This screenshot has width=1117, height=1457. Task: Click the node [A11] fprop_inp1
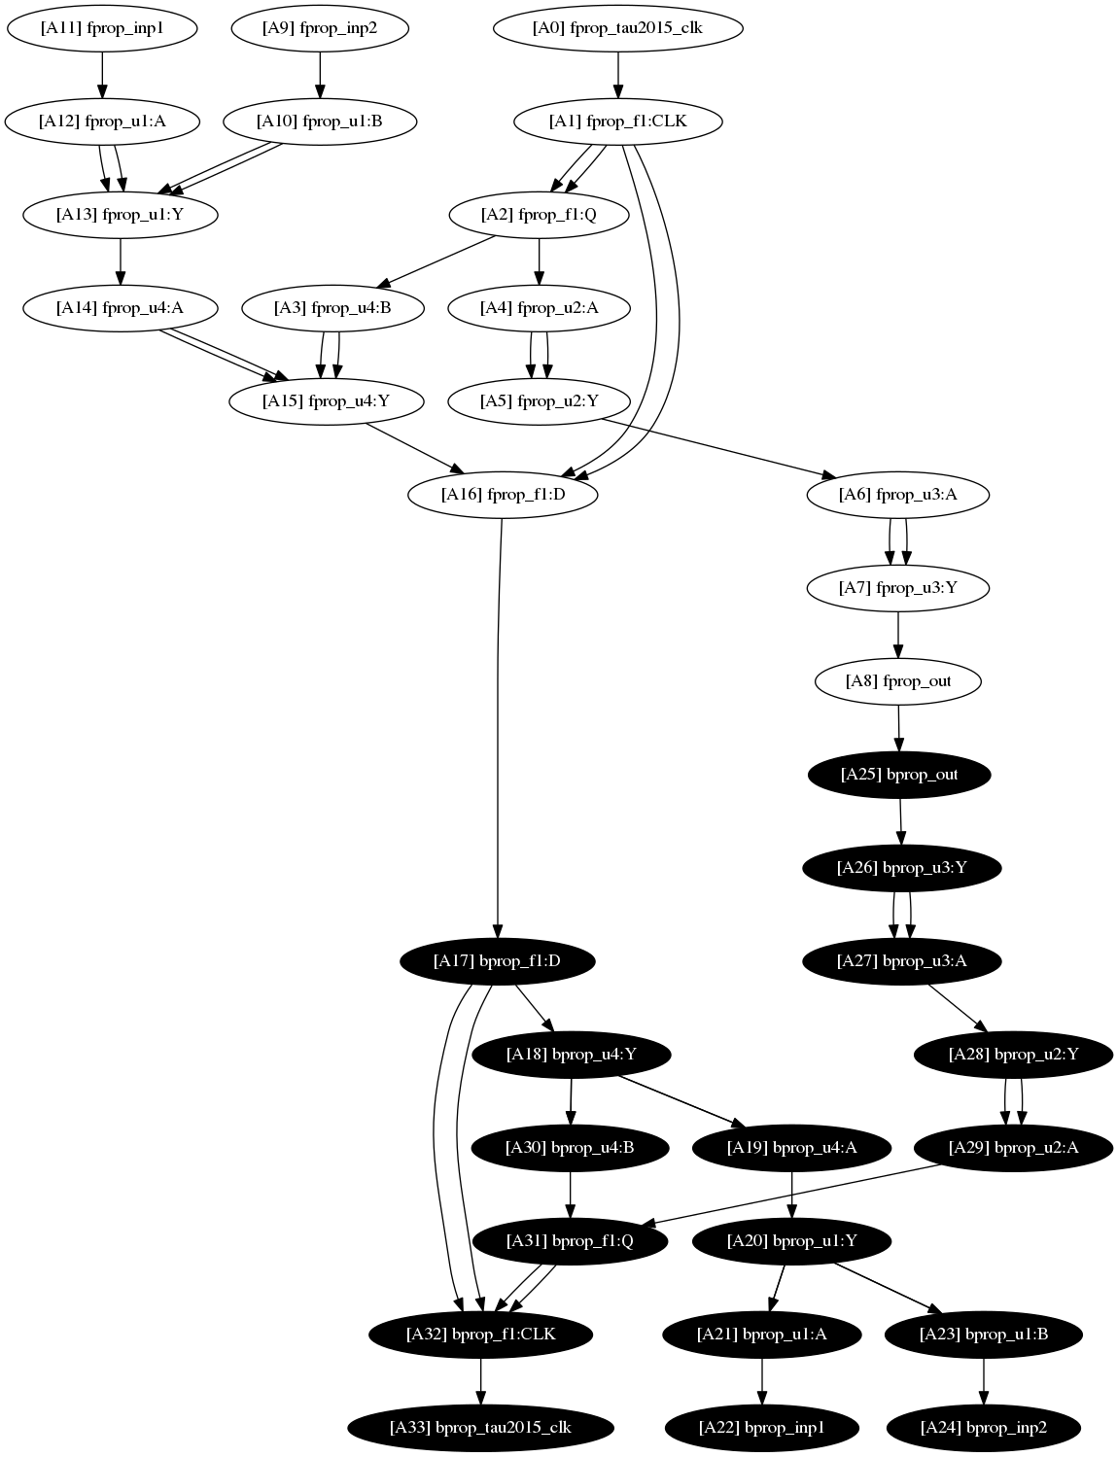tap(102, 28)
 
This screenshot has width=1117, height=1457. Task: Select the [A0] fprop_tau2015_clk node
tap(618, 28)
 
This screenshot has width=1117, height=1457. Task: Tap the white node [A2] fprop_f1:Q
tap(539, 215)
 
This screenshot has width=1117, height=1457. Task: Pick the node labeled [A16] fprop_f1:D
tap(503, 495)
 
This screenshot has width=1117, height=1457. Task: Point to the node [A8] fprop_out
tap(897, 681)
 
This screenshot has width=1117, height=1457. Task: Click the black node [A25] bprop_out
tap(899, 775)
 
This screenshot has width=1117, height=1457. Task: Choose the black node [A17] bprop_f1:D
tap(497, 961)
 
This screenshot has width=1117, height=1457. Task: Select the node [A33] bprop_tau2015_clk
tap(480, 1428)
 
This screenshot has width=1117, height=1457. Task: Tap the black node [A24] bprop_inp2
tap(984, 1428)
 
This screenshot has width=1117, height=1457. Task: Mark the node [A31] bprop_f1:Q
tap(570, 1241)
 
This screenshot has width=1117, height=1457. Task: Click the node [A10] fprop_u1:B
tap(320, 121)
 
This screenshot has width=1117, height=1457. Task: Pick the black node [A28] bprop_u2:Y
tap(1014, 1055)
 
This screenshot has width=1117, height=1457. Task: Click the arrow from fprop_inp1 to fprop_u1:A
tap(102, 75)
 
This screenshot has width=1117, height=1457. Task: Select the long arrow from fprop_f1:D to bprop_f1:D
tap(499, 729)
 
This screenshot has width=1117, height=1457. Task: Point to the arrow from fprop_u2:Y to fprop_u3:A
tap(715, 447)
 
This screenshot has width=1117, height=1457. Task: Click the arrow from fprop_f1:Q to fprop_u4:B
tap(435, 260)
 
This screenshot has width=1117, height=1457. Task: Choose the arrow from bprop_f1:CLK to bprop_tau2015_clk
tap(480, 1381)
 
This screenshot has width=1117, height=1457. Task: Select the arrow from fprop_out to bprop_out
tap(898, 728)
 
